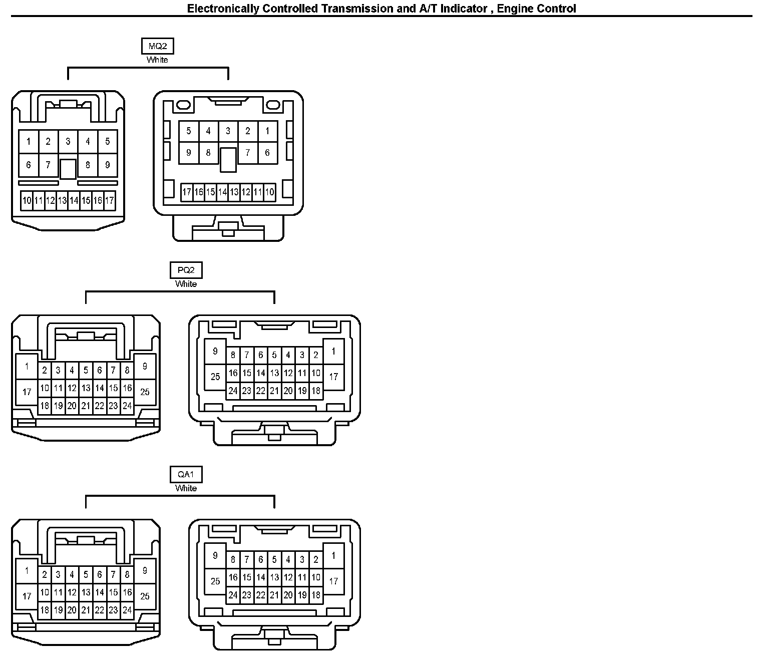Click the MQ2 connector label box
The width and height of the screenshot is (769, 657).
click(x=158, y=47)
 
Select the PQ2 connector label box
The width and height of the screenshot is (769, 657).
click(x=186, y=270)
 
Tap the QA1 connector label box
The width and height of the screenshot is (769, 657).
click(x=186, y=475)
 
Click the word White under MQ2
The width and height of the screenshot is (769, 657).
click(x=157, y=60)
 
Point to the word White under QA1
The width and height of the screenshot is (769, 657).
click(x=186, y=488)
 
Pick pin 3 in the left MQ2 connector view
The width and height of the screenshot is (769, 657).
click(x=68, y=142)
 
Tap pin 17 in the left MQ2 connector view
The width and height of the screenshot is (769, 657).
click(x=110, y=201)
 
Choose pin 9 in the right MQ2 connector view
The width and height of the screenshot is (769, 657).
click(x=189, y=152)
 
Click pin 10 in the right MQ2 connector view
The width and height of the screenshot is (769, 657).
click(x=270, y=192)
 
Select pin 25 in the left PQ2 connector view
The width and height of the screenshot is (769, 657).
click(x=145, y=392)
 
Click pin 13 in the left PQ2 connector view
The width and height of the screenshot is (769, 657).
click(x=86, y=388)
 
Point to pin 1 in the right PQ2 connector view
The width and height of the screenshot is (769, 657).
click(x=333, y=352)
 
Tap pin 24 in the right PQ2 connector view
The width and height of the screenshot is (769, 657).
click(x=233, y=391)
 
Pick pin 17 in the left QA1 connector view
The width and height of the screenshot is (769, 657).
click(x=27, y=596)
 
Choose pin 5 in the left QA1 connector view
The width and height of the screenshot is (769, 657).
click(x=86, y=575)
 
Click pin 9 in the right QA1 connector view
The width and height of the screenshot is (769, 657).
click(x=215, y=555)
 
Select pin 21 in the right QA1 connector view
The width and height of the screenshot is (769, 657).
click(x=274, y=595)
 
